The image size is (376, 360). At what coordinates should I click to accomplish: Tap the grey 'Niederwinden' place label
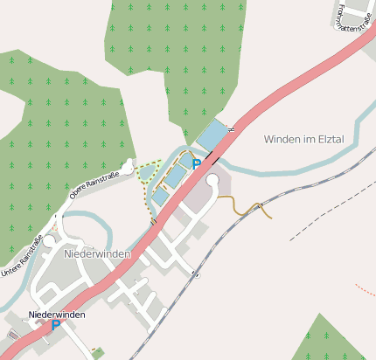click(x=97, y=254)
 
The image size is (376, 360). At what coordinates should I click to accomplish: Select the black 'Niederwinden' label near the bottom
click(x=57, y=314)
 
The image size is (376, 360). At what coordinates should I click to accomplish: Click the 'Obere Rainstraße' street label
click(x=94, y=184)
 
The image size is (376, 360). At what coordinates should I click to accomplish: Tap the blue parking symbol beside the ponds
click(x=197, y=164)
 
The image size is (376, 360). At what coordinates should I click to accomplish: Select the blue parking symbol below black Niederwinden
click(x=56, y=326)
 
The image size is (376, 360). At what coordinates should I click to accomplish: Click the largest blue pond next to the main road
click(x=212, y=135)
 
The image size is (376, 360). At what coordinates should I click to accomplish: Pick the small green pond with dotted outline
click(x=144, y=173)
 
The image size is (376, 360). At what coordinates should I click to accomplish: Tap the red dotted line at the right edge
click(x=366, y=289)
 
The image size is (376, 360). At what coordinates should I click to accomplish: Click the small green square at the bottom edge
click(x=98, y=353)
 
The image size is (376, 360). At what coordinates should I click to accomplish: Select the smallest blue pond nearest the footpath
click(x=159, y=197)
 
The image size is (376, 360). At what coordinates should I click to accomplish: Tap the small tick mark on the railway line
click(x=197, y=274)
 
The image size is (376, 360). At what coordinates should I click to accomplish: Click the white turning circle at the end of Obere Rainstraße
click(x=129, y=164)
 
